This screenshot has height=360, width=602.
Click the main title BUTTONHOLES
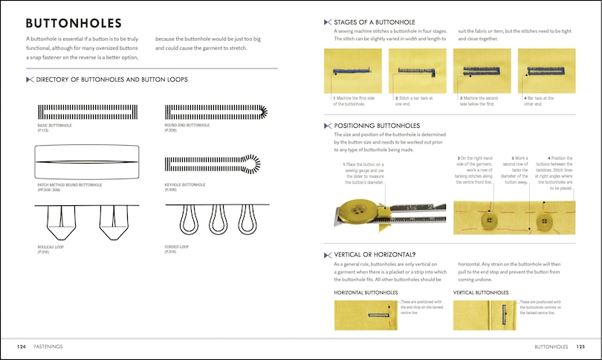tap(74, 23)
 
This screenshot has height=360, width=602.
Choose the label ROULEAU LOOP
tap(51, 246)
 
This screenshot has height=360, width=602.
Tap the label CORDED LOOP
tap(176, 246)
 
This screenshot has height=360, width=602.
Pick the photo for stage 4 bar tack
tap(546, 71)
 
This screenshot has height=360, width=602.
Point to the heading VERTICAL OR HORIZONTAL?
tap(378, 253)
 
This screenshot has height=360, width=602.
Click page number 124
tap(23, 346)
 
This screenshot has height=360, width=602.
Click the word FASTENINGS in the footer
tap(48, 346)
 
